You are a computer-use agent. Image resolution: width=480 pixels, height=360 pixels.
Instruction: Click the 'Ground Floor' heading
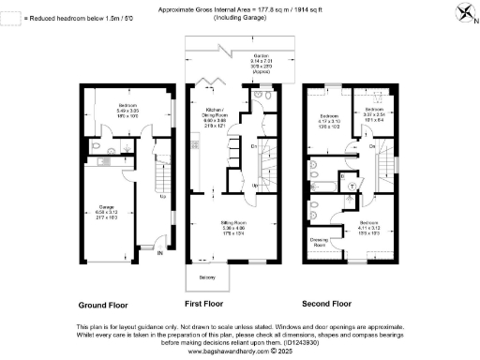click(x=103, y=305)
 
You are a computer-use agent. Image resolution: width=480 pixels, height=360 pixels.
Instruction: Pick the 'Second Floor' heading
click(x=327, y=305)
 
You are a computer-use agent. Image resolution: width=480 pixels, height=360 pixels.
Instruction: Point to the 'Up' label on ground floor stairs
click(x=163, y=196)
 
